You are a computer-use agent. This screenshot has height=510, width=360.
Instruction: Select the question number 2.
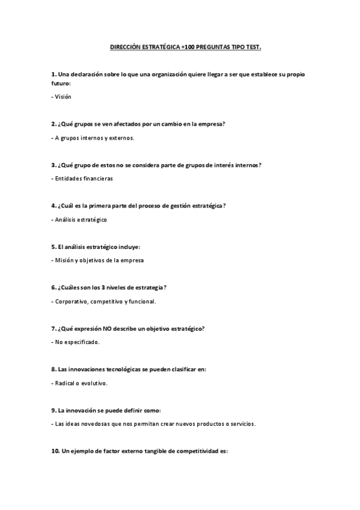(54, 124)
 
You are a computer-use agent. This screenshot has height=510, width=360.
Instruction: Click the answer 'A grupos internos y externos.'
(93, 138)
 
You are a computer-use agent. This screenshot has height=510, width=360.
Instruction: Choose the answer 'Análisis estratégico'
(81, 220)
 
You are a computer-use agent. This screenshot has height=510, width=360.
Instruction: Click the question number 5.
(54, 247)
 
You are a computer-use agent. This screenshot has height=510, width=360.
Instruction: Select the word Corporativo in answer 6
(71, 301)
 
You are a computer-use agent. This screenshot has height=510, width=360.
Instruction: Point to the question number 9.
(54, 410)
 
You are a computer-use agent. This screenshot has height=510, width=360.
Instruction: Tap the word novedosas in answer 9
(93, 424)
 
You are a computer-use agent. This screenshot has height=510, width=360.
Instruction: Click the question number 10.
(55, 451)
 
